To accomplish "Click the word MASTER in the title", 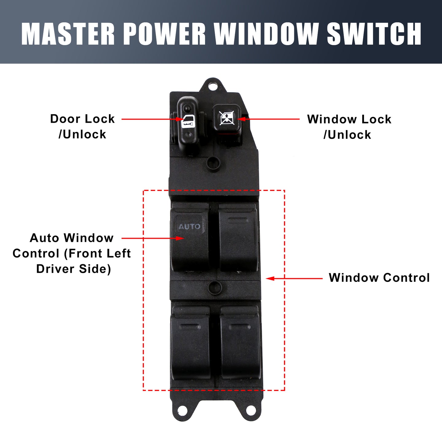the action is (x=68, y=34).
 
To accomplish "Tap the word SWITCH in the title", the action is (x=374, y=34).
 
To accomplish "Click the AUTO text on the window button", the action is (x=189, y=227).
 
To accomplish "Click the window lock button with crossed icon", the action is (x=227, y=118).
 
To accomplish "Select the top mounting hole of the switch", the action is (x=213, y=87).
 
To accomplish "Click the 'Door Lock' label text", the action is (x=82, y=119).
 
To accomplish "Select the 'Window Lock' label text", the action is (x=349, y=119).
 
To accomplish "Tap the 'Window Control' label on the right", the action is (x=379, y=277).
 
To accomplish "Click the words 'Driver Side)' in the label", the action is (x=74, y=269).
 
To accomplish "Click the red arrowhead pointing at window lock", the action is (x=241, y=119).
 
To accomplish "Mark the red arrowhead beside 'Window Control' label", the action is (x=270, y=278).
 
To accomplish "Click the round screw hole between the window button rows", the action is (x=215, y=288).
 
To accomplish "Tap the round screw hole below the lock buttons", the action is (x=213, y=163).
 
